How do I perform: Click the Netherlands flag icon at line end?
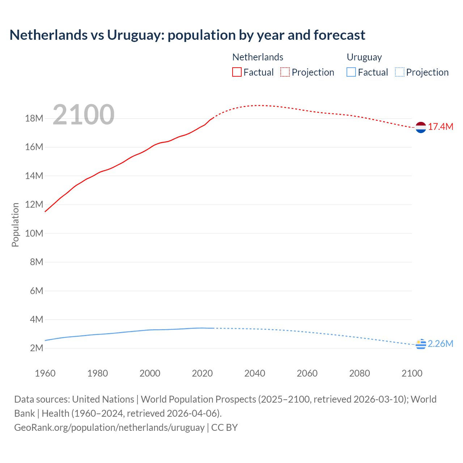point(421,127)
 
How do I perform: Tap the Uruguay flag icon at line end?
point(421,344)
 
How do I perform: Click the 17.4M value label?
point(441,127)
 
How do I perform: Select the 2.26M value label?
point(441,344)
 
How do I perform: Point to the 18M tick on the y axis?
point(34,119)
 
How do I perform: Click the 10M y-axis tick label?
point(34,233)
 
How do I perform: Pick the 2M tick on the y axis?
point(37,348)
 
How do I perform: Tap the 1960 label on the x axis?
point(45,373)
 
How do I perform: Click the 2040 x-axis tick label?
point(255,373)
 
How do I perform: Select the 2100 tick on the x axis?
point(412,373)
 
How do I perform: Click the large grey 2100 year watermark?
point(84,115)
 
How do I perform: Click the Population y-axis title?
point(15,225)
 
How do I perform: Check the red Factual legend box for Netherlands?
point(237,72)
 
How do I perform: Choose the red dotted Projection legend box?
point(285,72)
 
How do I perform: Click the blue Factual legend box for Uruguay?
point(351,72)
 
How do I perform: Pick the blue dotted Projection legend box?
point(400,72)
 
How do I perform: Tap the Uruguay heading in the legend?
point(364,57)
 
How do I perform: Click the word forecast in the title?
point(339,35)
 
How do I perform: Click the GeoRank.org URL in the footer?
point(109,428)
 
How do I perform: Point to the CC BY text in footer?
point(225,428)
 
